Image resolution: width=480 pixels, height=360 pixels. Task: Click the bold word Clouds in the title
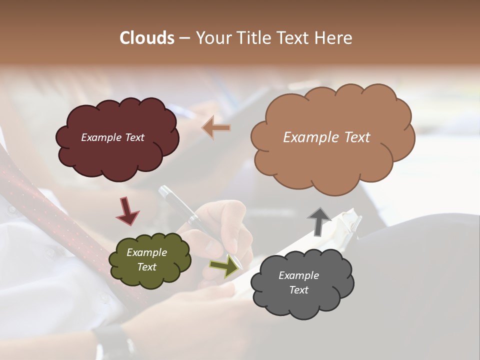(146, 38)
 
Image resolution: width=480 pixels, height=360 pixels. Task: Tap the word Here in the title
(334, 38)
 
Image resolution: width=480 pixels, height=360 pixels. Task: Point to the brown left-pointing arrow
(216, 128)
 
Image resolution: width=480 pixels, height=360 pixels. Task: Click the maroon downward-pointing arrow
(127, 210)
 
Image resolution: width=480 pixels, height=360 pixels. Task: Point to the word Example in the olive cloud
(146, 253)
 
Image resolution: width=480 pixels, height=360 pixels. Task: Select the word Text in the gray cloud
(298, 290)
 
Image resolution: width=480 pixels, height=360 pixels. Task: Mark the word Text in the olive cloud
(146, 267)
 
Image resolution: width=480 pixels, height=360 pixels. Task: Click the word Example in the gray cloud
(298, 275)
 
